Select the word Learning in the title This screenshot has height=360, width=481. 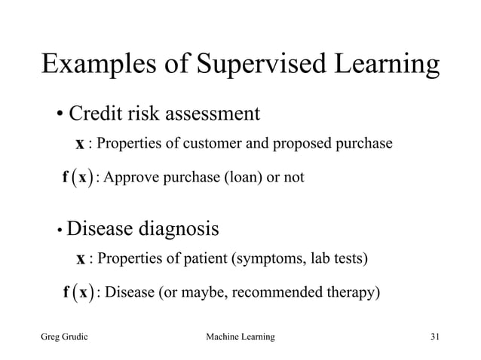pyautogui.click(x=382, y=66)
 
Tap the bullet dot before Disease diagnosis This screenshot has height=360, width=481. pyautogui.click(x=58, y=230)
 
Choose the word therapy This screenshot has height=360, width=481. pyautogui.click(x=346, y=292)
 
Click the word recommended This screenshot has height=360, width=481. pyautogui.click(x=275, y=291)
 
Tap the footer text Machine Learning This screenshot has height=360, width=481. pyautogui.click(x=240, y=334)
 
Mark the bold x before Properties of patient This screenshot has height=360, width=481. pyautogui.click(x=80, y=260)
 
